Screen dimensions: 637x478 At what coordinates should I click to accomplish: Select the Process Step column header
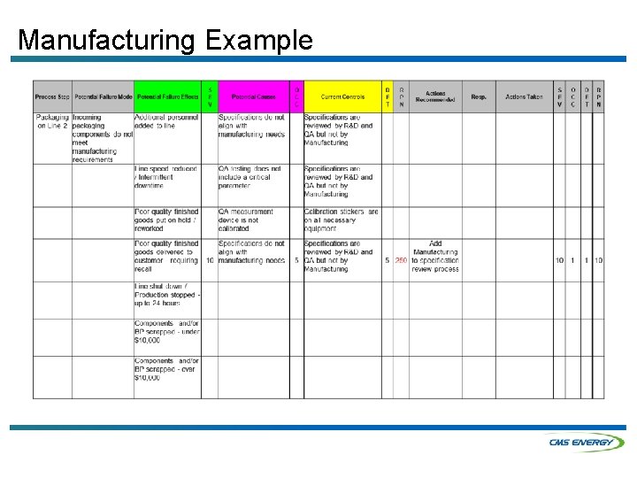click(x=51, y=96)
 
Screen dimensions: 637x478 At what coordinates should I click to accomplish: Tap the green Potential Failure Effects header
click(x=166, y=96)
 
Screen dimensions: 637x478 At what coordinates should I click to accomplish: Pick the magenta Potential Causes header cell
click(x=253, y=96)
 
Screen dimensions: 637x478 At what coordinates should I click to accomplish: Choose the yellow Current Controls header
click(x=342, y=96)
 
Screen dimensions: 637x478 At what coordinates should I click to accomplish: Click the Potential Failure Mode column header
click(x=103, y=96)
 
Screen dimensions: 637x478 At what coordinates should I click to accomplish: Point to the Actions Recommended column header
click(x=435, y=96)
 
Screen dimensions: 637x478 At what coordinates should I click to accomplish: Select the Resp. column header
click(x=479, y=96)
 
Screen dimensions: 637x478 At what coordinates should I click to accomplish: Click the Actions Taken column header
click(x=524, y=96)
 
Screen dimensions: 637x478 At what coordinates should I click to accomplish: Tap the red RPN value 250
click(x=401, y=261)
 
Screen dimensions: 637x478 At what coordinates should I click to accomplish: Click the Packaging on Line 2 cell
click(x=52, y=122)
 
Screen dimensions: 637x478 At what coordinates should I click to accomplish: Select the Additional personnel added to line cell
click(x=166, y=122)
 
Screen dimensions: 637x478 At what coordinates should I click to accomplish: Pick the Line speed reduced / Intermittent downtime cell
click(x=166, y=177)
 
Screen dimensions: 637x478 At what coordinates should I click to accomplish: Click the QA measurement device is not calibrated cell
click(x=252, y=220)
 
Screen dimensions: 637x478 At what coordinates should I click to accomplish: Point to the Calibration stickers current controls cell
click(x=342, y=220)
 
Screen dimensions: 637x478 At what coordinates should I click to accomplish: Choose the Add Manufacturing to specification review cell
click(x=435, y=257)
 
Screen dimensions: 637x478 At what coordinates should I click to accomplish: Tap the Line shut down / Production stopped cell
click(x=166, y=295)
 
